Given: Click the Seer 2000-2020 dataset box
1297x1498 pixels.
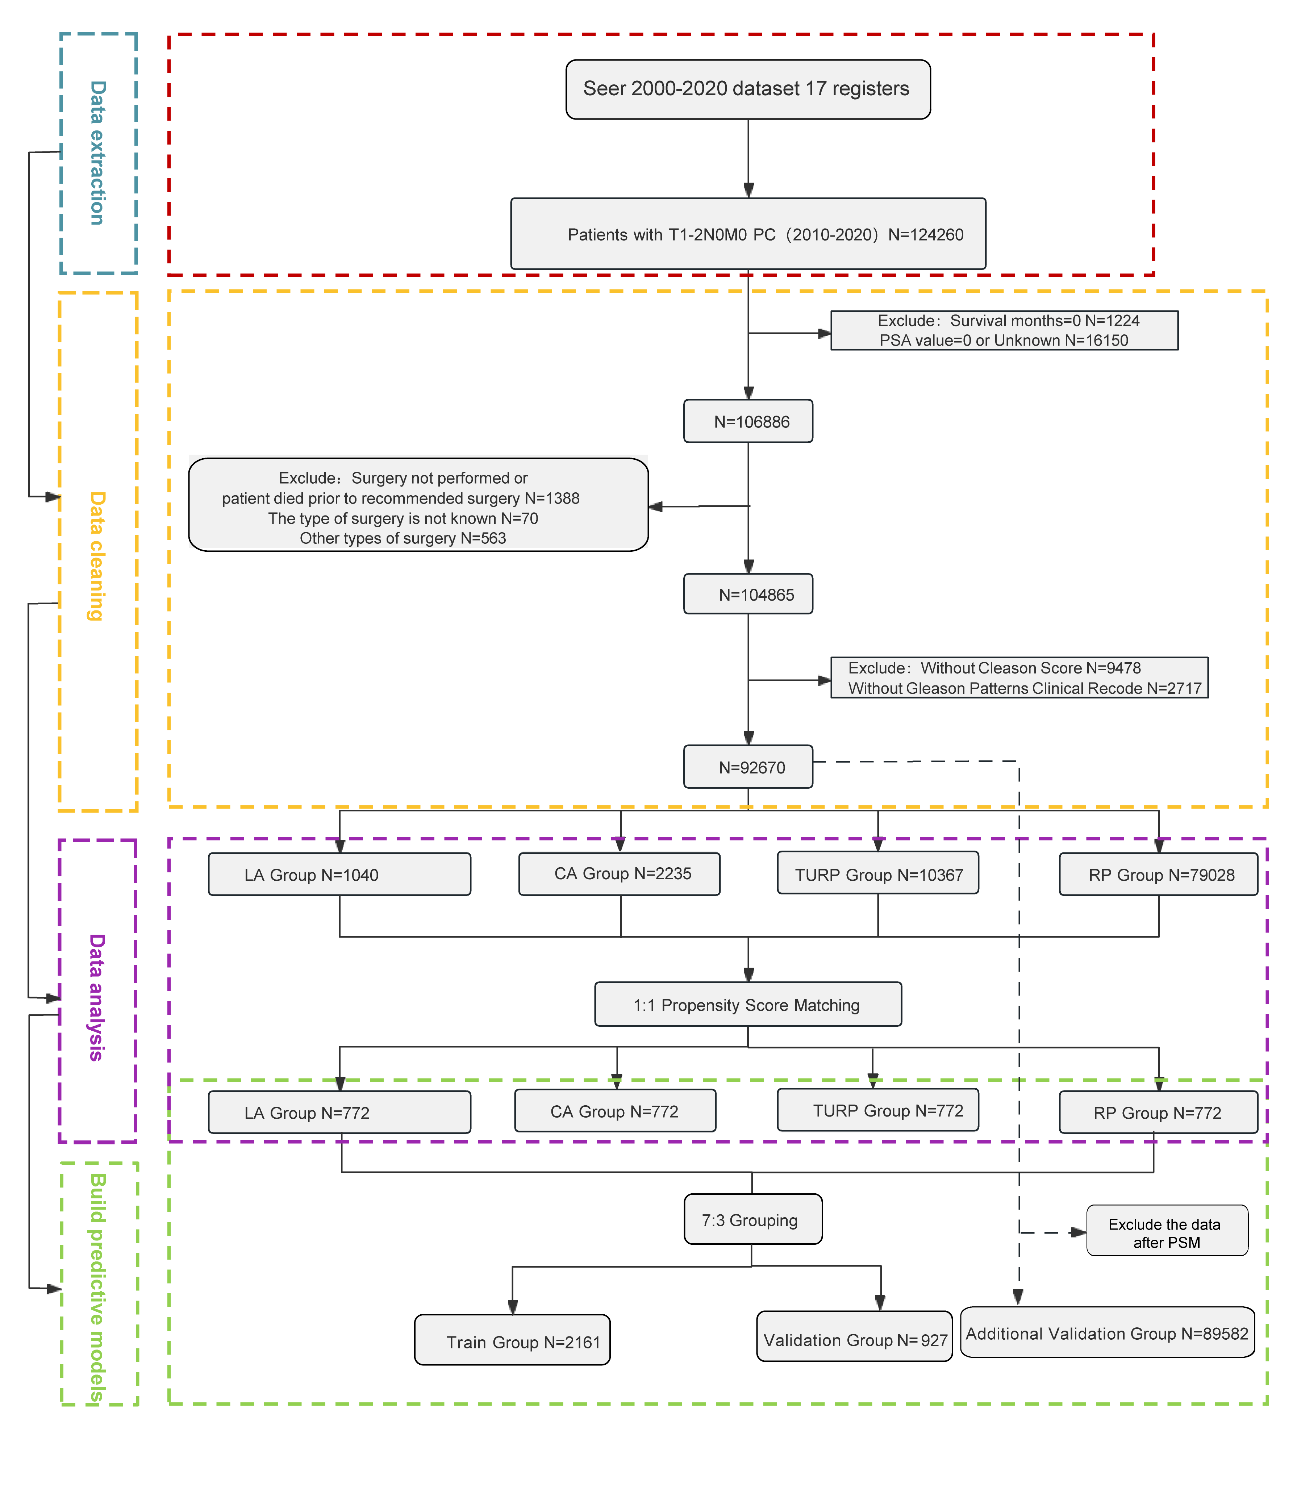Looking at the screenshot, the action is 748,89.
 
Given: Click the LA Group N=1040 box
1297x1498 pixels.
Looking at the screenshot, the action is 339,874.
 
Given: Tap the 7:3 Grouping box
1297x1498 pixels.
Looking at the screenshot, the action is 753,1219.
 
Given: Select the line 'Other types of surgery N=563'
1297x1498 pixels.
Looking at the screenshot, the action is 403,538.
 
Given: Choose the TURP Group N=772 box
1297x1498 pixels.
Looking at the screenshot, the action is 878,1110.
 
